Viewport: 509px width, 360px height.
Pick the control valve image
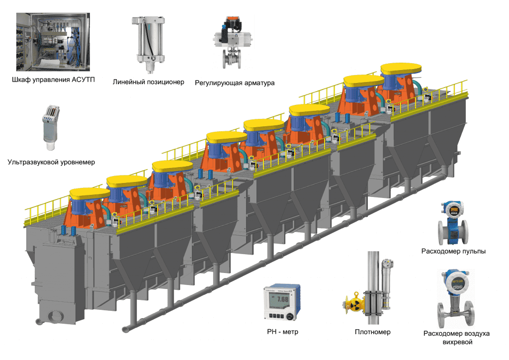coord(232,42)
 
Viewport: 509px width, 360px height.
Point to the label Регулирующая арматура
coord(235,83)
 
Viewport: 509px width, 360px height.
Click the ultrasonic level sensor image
coord(50,127)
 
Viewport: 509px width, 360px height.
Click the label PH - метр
coord(282,331)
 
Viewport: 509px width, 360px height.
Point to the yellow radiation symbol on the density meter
coord(354,304)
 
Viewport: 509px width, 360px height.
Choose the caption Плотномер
coord(373,332)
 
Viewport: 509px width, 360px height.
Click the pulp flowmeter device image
coord(452,223)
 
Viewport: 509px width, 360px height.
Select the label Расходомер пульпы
coord(453,251)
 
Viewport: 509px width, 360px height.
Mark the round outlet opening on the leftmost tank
coord(53,315)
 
